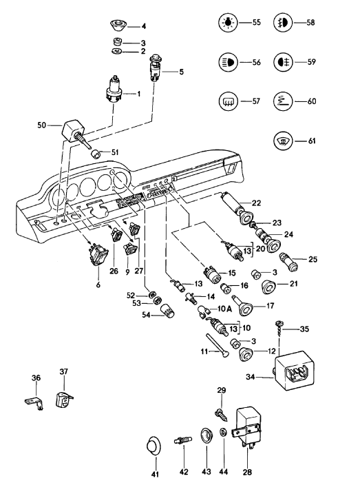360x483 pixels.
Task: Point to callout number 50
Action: (41, 125)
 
